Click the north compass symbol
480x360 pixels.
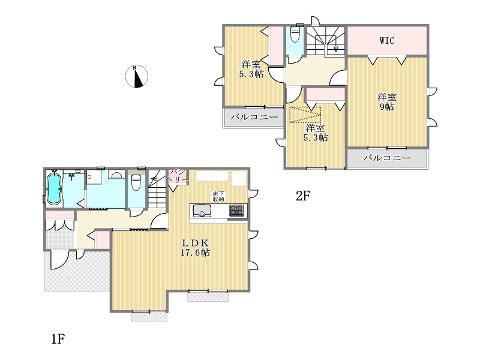[x=137, y=77]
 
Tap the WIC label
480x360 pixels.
[x=387, y=41]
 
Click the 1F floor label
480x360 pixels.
[x=58, y=339]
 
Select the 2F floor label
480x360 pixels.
[x=303, y=196]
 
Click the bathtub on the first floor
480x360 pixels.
[x=54, y=189]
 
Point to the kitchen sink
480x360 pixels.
[x=202, y=211]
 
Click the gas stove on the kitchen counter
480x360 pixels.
[x=236, y=211]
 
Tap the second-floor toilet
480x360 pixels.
[x=295, y=34]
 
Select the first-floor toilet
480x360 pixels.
[x=136, y=182]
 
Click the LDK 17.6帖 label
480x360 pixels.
[x=196, y=248]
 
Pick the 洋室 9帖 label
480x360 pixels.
[x=387, y=102]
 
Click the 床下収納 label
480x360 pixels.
[x=218, y=197]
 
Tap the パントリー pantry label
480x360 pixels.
[x=178, y=176]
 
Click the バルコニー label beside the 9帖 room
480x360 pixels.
[x=387, y=158]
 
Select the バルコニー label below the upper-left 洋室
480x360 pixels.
[x=254, y=117]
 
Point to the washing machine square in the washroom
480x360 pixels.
[x=94, y=177]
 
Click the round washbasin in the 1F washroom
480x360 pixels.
[x=116, y=175]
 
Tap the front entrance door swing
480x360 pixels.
[x=59, y=260]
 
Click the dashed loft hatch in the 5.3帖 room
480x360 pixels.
[x=305, y=115]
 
